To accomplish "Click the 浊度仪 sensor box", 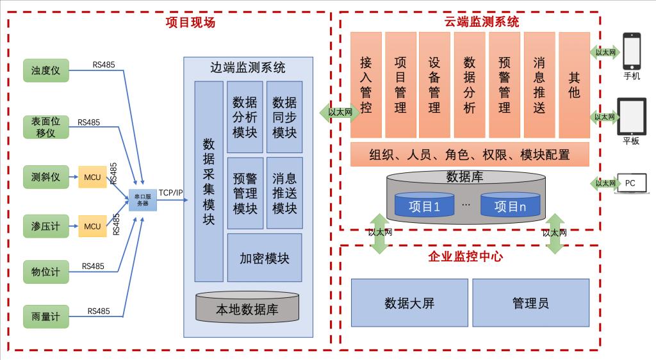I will (x=45, y=70).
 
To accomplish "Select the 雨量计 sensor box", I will (x=45, y=316).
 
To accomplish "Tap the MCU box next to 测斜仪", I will (x=92, y=177).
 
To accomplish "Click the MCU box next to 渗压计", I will (x=92, y=226).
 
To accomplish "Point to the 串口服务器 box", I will (x=142, y=200).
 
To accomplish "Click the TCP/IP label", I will (x=171, y=192).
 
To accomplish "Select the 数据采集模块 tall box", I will (x=209, y=181).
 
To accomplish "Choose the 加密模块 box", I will (x=265, y=258).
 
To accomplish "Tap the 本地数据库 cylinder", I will (x=247, y=309).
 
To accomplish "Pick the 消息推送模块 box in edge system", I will (x=284, y=193).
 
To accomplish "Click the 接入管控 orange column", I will (x=366, y=85).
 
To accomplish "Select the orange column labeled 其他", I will (x=574, y=85).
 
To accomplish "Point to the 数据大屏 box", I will (x=409, y=303).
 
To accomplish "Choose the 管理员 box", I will (x=530, y=303).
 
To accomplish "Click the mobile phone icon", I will (x=632, y=51).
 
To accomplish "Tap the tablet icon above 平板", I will (x=631, y=116).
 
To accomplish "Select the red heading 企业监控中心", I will (x=465, y=257).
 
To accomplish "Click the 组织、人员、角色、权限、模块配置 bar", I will (x=470, y=154).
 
